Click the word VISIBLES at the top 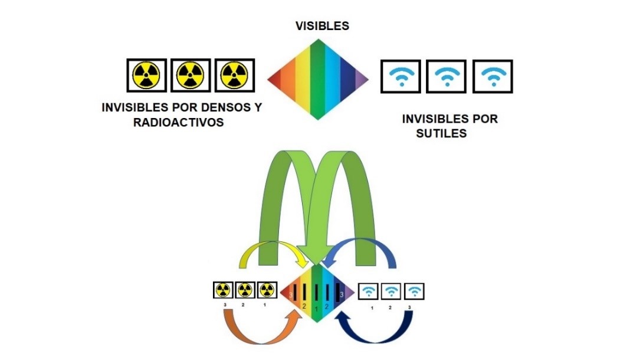[x=322, y=26]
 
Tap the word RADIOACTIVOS [x=178, y=122]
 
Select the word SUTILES [x=442, y=133]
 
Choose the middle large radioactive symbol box [x=191, y=75]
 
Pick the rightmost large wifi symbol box [x=492, y=76]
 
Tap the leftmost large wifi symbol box [x=401, y=76]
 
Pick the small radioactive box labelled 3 [x=222, y=290]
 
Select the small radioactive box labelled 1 [x=267, y=290]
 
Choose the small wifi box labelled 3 [x=415, y=290]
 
